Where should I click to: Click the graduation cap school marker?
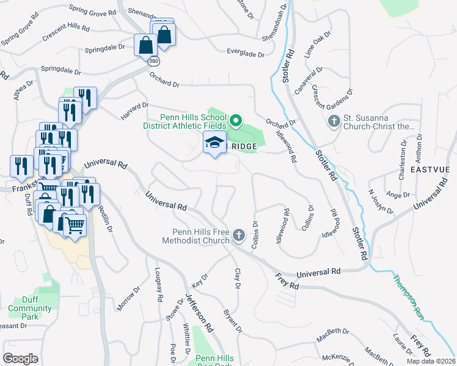214,143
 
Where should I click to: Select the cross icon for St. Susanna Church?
334,121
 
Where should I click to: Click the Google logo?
20,359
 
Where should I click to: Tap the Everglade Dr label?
246,54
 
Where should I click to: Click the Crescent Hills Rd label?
66,33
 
